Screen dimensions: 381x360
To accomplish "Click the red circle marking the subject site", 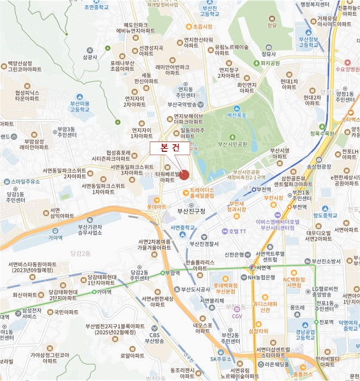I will [184, 175].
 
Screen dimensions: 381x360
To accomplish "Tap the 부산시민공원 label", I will [233, 144].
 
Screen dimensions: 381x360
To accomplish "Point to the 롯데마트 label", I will [157, 207].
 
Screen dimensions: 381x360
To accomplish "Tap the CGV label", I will [237, 316].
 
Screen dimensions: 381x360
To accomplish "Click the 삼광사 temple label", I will [90, 57].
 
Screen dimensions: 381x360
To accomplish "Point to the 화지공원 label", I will [270, 63].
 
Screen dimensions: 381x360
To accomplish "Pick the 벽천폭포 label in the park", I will [237, 115].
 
